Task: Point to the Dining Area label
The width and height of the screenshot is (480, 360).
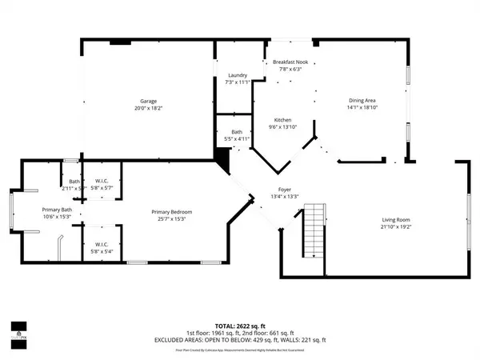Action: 362,99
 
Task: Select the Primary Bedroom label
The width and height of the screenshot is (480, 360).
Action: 172,211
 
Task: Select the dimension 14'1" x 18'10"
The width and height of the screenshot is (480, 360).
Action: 362,107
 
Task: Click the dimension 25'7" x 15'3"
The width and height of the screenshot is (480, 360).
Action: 172,218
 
